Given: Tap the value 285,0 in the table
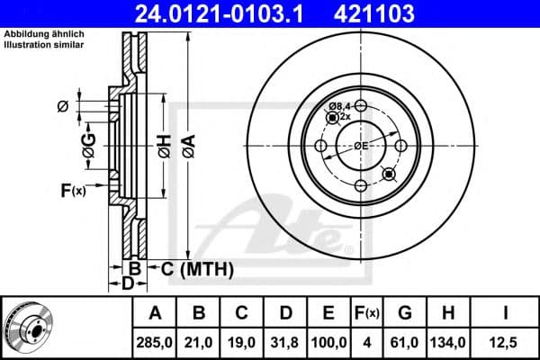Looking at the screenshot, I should coord(155,342).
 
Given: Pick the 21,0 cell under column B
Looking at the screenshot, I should coord(199,342).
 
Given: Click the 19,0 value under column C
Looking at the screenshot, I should coord(242,342).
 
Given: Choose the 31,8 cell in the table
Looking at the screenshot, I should coord(285,342).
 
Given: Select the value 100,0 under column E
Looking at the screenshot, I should coord(328,342).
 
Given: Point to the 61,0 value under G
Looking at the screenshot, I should coord(405,342).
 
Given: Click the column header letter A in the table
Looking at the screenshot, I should coord(155,314).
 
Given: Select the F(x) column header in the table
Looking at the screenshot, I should coord(366,314).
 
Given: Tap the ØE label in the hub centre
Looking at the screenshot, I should coord(360,144).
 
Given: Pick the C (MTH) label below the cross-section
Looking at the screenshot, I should coord(198,268).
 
